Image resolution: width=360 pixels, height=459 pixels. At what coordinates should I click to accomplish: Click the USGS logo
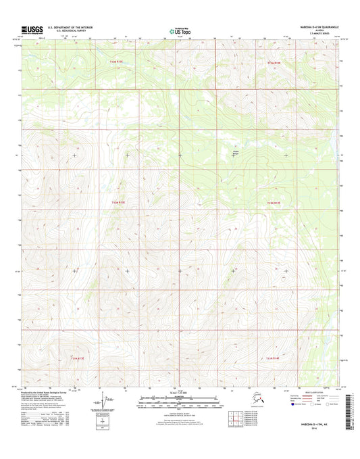[32, 30]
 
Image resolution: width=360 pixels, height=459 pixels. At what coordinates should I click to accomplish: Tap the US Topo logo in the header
[179, 30]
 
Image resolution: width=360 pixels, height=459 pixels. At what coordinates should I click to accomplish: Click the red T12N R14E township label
[276, 62]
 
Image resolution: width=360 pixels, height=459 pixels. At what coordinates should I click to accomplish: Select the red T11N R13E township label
[118, 201]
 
